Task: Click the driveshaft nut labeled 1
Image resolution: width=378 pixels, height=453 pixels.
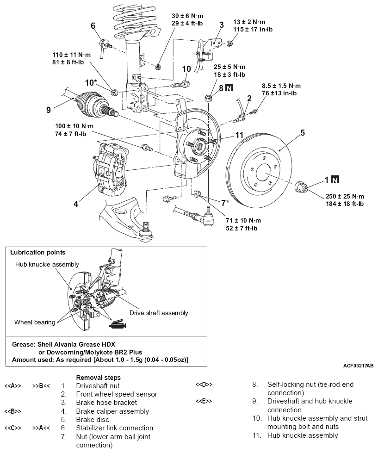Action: tap(302, 187)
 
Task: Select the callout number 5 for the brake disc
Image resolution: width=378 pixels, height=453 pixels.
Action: tap(303, 132)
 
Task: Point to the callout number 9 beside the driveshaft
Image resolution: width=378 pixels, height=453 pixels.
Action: tap(48, 110)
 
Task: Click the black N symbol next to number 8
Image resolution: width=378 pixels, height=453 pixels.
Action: tap(229, 87)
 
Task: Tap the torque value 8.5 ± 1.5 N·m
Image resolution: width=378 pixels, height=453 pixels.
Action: tap(281, 86)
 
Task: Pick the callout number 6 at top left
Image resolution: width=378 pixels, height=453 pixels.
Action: tap(93, 25)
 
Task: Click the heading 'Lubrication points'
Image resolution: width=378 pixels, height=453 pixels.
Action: tap(38, 253)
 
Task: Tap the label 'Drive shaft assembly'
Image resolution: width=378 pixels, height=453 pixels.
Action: tap(159, 313)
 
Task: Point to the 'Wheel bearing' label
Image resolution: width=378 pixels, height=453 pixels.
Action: tap(34, 322)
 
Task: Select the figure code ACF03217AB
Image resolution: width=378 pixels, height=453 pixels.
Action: tap(359, 366)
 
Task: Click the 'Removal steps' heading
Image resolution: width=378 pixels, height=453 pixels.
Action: tap(98, 378)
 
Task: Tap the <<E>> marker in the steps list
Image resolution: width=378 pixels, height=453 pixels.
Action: tap(204, 401)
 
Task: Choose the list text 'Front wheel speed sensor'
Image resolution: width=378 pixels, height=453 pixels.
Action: tap(117, 394)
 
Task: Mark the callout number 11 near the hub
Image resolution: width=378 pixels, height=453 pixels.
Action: tap(239, 135)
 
